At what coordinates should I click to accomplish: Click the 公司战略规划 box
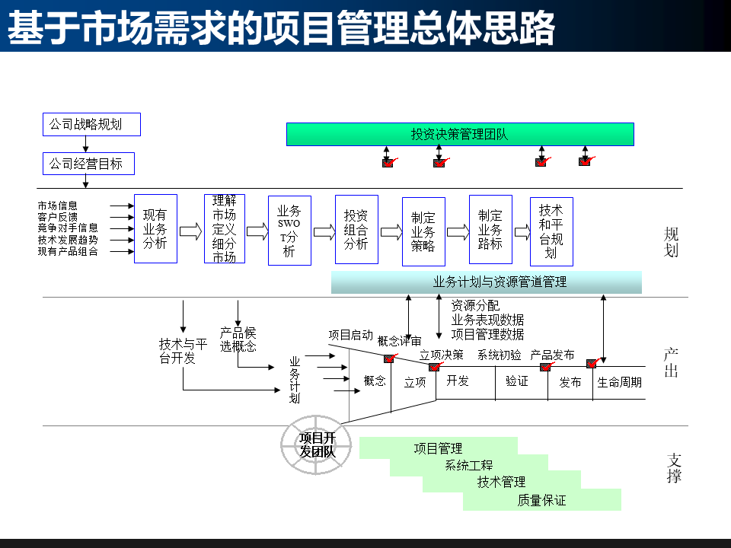(x=91, y=124)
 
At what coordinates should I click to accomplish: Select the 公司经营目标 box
(x=88, y=164)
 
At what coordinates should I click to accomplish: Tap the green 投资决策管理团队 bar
(x=460, y=134)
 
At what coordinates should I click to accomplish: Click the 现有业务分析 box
(x=155, y=229)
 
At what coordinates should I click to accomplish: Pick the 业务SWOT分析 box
(x=289, y=230)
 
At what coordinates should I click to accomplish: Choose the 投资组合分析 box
(x=356, y=229)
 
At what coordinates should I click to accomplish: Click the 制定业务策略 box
(x=423, y=231)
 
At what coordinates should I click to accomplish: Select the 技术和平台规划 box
(x=551, y=231)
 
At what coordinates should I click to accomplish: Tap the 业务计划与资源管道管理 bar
(x=486, y=282)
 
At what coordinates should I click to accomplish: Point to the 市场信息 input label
(x=58, y=205)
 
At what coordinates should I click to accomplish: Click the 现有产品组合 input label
(x=68, y=251)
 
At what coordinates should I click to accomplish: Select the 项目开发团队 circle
(x=317, y=444)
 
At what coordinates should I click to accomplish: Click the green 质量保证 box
(x=542, y=500)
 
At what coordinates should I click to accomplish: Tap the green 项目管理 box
(x=439, y=448)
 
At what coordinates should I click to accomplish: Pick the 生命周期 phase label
(x=619, y=382)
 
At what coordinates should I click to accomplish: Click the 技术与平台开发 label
(x=183, y=351)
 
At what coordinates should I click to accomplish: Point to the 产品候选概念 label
(x=238, y=339)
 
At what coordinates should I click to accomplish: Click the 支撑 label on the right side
(x=674, y=468)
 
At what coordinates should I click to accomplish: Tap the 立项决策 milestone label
(x=442, y=355)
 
